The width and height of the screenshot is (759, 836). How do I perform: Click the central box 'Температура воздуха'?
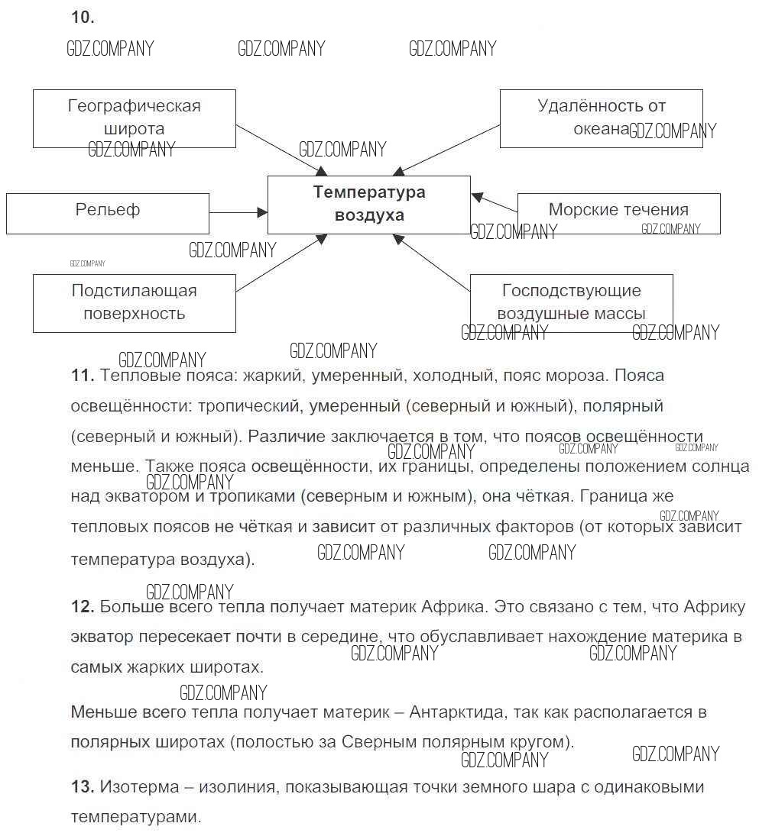pos(368,205)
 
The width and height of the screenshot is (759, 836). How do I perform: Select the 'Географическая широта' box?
pos(134,118)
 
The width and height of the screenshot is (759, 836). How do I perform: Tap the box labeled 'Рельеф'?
pos(107,213)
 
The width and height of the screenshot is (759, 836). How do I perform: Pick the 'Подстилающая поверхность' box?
pos(134,303)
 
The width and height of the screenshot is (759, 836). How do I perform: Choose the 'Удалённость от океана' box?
pos(601,118)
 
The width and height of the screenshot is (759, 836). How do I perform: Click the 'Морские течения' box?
pos(618,213)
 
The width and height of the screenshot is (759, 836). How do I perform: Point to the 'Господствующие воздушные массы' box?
pos(571,303)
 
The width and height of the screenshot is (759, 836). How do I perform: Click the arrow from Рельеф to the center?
pos(238,213)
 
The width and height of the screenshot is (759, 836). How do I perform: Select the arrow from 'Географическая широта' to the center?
pos(281,157)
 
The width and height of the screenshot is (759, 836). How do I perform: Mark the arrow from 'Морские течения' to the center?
pos(495,202)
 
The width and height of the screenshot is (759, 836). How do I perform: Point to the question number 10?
pos(82,17)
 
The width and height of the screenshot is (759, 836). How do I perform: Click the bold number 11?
pos(82,376)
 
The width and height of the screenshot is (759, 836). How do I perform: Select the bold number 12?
pos(82,608)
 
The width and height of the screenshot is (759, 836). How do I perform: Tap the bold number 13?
pos(82,786)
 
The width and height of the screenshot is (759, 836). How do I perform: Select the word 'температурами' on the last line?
pos(135,816)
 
